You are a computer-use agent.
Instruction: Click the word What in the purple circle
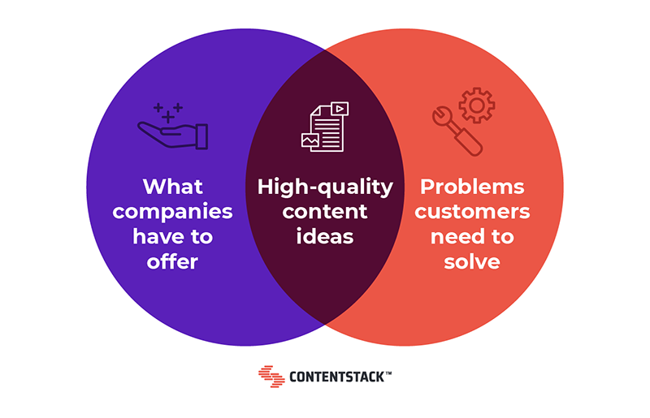click(x=173, y=187)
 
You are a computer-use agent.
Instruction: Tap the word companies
click(x=172, y=213)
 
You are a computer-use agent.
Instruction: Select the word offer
click(x=172, y=262)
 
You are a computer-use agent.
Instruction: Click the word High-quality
click(x=325, y=187)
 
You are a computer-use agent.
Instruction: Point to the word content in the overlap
click(x=325, y=212)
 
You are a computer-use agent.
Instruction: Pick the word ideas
click(x=325, y=236)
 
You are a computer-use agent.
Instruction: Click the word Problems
click(x=472, y=187)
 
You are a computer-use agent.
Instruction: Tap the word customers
click(x=472, y=212)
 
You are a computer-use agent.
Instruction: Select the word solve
click(x=472, y=262)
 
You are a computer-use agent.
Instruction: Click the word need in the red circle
click(x=456, y=236)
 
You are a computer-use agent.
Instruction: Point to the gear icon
click(x=477, y=106)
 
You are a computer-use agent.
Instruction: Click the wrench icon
click(x=457, y=131)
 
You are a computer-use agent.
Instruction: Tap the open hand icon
click(x=173, y=135)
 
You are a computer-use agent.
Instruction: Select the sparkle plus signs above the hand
click(x=168, y=113)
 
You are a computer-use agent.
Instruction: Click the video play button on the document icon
click(x=340, y=109)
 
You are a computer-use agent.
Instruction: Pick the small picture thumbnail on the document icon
click(x=310, y=141)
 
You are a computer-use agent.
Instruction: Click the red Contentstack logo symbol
click(x=271, y=377)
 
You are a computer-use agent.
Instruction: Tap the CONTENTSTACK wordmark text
click(x=337, y=377)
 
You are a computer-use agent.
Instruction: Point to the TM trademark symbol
click(x=388, y=373)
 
